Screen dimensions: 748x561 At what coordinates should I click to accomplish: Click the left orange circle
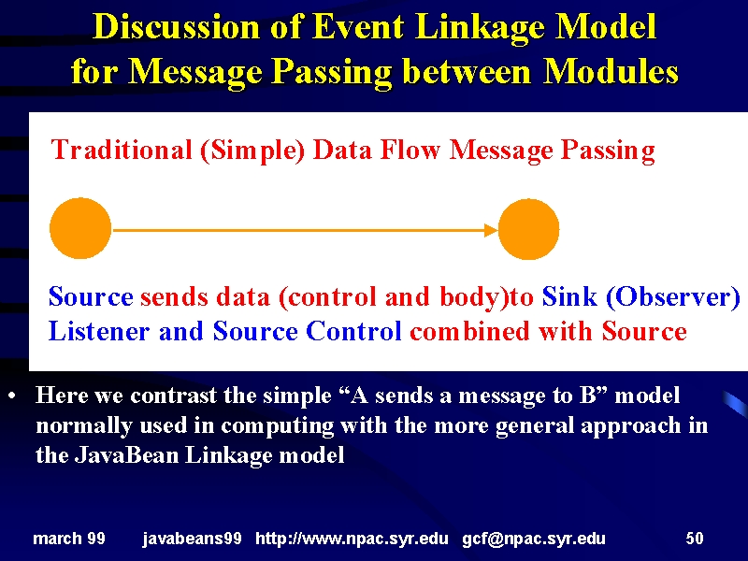(x=80, y=228)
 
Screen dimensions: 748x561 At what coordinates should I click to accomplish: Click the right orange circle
(x=528, y=229)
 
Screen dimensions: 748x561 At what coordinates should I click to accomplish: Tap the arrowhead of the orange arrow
(x=491, y=230)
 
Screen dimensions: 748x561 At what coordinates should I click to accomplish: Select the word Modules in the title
(x=611, y=72)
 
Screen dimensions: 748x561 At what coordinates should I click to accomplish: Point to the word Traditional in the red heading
(x=122, y=150)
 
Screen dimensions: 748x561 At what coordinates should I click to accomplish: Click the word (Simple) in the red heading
(x=252, y=151)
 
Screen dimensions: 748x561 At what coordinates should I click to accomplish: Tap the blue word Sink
(x=569, y=296)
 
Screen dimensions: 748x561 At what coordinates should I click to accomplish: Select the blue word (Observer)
(x=672, y=297)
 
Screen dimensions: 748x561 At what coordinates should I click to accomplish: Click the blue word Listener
(x=99, y=331)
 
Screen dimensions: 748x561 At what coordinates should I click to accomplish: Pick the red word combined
(x=469, y=331)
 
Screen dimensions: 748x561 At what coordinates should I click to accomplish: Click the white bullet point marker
(x=12, y=396)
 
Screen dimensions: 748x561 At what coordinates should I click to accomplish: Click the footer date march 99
(x=69, y=539)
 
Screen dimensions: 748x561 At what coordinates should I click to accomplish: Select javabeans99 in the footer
(x=193, y=539)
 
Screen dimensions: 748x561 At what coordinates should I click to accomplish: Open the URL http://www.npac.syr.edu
(x=352, y=539)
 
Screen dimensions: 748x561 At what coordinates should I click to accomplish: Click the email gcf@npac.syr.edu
(x=534, y=539)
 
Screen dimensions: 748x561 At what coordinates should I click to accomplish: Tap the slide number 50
(x=695, y=539)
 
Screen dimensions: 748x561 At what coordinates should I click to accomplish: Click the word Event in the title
(x=358, y=26)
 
